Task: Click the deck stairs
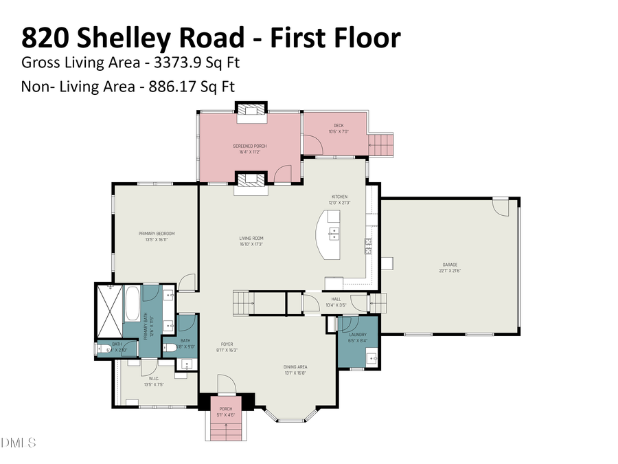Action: point(380,144)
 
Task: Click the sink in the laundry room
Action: point(370,357)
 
